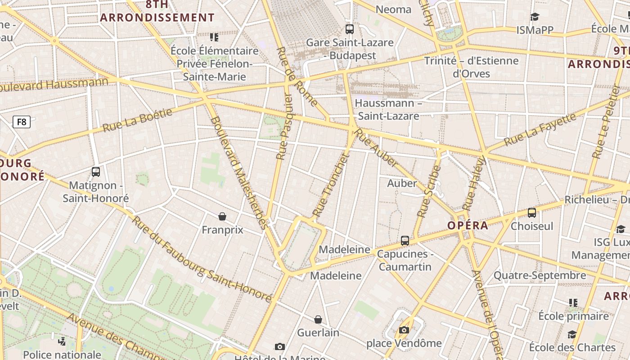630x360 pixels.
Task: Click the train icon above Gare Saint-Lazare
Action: click(350, 29)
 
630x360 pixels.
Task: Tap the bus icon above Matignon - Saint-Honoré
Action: click(95, 171)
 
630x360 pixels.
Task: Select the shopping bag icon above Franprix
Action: click(222, 216)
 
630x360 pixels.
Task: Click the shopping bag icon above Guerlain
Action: click(318, 319)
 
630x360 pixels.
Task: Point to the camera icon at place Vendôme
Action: click(404, 330)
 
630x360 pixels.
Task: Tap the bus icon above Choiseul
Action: click(532, 213)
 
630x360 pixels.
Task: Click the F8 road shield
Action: click(22, 121)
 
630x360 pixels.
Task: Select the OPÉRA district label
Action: click(468, 225)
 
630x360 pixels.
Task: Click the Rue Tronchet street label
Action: click(331, 184)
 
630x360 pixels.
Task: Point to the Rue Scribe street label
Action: click(429, 191)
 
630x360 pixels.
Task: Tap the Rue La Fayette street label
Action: click(540, 130)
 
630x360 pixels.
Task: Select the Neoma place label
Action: click(393, 9)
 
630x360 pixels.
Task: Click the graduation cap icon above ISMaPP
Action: click(535, 17)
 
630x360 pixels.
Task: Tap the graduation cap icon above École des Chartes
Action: click(572, 334)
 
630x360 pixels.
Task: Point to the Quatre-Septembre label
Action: click(540, 275)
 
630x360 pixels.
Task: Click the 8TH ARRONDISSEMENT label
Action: click(157, 12)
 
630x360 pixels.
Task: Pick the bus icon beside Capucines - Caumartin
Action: click(405, 241)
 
